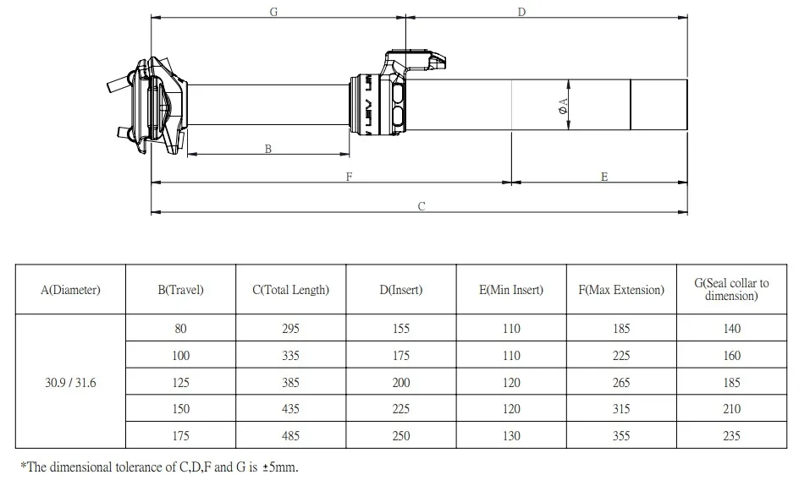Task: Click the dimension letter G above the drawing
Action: [273, 12]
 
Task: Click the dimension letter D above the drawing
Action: [521, 12]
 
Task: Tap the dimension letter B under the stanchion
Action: [268, 149]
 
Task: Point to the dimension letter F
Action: [349, 177]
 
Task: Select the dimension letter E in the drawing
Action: [604, 177]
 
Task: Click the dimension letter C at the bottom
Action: [422, 206]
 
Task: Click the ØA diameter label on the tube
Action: [563, 106]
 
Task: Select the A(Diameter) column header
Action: [70, 290]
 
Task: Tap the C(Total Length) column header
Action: [291, 290]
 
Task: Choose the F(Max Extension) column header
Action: [621, 290]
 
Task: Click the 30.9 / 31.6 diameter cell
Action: [70, 383]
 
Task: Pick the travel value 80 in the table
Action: [180, 329]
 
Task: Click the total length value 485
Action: [291, 436]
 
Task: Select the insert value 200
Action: [401, 383]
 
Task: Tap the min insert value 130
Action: [511, 436]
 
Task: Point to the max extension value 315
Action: [621, 409]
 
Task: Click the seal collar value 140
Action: [732, 329]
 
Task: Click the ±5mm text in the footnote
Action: [280, 467]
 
